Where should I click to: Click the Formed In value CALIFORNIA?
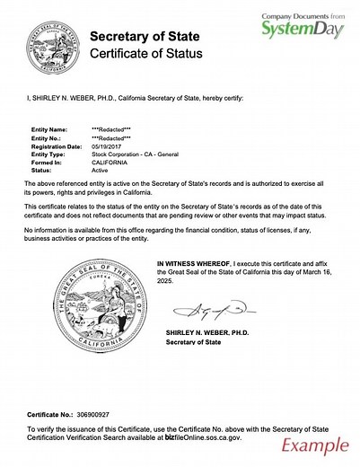111,161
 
